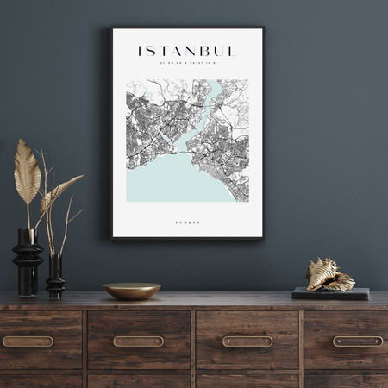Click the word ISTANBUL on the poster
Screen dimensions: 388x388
(186, 51)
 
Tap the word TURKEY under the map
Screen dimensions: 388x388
(187, 222)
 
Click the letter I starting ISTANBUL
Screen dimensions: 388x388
(141, 51)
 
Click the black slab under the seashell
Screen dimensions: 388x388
(330, 293)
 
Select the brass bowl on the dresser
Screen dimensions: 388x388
(132, 291)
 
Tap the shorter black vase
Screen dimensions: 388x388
(55, 278)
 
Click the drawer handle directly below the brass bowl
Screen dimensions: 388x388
(138, 341)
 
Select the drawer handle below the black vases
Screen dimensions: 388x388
(28, 341)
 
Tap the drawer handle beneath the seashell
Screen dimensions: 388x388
(358, 341)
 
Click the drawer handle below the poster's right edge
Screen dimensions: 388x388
(247, 341)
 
